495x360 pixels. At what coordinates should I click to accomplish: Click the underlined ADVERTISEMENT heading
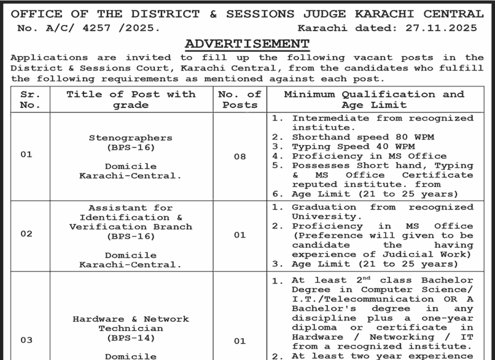coord(247,44)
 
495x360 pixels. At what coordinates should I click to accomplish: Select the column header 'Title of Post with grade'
coord(130,100)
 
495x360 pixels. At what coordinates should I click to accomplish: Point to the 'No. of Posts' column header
coord(240,100)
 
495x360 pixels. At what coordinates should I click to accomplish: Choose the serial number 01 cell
coord(26,155)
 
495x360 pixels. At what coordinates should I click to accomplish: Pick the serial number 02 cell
coord(26,234)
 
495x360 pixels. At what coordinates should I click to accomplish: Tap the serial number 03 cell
coord(26,340)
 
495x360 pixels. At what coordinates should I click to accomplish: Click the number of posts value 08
coord(240,157)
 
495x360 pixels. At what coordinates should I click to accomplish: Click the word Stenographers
coord(130,138)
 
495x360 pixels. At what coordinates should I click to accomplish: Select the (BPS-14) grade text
coord(130,338)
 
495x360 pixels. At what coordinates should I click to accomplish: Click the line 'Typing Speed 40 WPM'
coord(353,147)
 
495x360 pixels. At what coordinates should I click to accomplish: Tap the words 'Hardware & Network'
coord(130,319)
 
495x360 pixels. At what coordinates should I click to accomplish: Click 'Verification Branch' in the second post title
coord(130,227)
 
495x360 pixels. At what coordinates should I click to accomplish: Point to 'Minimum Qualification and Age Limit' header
coord(374,100)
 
